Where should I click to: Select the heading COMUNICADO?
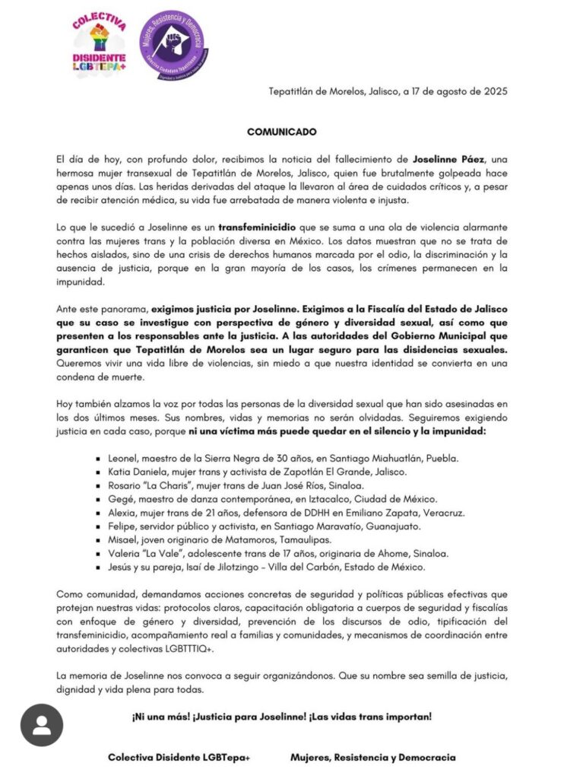(281, 132)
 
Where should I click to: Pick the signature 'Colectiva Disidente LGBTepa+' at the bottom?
(179, 758)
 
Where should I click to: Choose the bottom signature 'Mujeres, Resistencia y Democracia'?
(373, 758)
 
